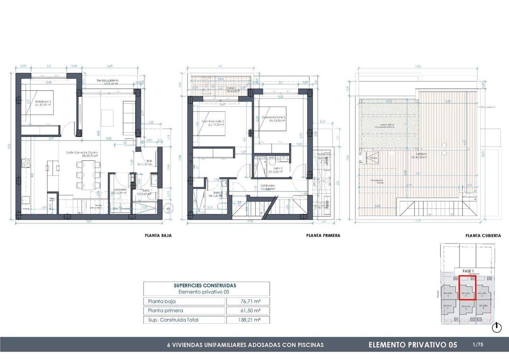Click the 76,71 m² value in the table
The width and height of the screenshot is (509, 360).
[247, 302]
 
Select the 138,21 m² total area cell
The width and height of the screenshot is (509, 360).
[247, 320]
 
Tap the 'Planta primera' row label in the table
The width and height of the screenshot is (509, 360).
[165, 311]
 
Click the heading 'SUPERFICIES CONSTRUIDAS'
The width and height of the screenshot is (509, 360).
[205, 286]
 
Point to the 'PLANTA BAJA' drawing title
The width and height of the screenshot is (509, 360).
[158, 235]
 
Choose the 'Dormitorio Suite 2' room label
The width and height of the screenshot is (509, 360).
[274, 117]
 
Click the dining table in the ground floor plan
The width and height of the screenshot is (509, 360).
[86, 174]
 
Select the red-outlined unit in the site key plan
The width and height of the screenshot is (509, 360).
[467, 288]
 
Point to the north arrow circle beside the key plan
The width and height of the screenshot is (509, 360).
[496, 327]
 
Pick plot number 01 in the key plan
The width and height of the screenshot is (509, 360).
[456, 319]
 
